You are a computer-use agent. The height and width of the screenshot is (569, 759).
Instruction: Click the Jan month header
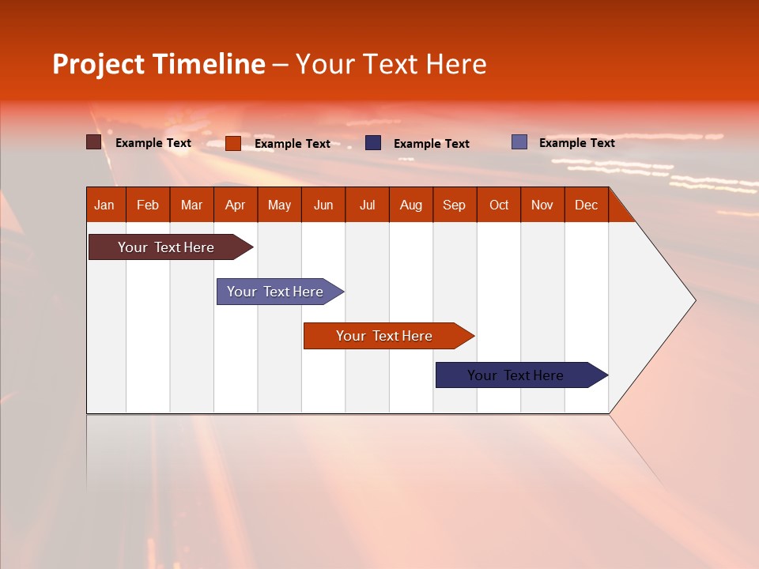click(105, 205)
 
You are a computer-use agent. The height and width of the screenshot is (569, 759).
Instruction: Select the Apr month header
click(236, 205)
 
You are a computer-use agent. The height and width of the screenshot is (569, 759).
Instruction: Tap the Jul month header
click(367, 205)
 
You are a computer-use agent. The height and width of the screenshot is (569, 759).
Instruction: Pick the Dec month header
click(586, 205)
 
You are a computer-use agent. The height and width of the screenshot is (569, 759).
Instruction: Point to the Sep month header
click(454, 205)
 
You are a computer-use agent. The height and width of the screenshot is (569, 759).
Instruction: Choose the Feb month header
click(148, 205)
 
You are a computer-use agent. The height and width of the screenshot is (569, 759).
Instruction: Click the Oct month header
click(499, 205)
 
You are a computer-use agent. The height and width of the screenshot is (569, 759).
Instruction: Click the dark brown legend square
click(93, 142)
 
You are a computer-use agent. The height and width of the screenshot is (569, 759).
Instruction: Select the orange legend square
click(232, 143)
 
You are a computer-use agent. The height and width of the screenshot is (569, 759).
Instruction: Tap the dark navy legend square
click(373, 143)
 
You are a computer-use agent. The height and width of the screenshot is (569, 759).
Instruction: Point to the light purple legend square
click(519, 142)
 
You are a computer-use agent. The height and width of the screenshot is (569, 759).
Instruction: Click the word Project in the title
click(100, 65)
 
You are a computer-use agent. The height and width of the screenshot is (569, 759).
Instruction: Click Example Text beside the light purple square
click(576, 143)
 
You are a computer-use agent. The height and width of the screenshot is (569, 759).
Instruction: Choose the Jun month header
click(323, 205)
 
